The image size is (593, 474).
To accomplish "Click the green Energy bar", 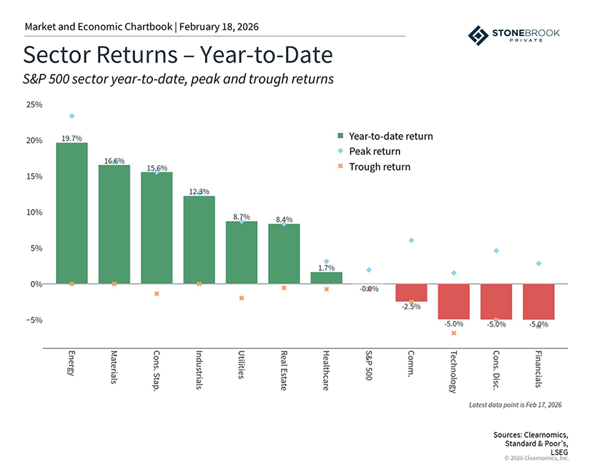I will click(72, 213).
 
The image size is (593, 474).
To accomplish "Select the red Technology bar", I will click(453, 302).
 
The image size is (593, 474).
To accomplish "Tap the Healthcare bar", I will click(326, 278).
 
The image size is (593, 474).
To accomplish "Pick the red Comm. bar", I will click(411, 292).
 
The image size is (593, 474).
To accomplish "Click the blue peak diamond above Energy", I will click(72, 117).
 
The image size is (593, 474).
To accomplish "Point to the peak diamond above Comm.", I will click(411, 240).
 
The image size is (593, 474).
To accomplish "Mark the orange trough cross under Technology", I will click(453, 333).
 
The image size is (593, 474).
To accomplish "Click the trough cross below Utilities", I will click(242, 298).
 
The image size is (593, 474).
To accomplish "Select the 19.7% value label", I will click(71, 138).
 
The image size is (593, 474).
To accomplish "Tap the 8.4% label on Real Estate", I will click(283, 219).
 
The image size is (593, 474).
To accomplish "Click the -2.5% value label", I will click(412, 307).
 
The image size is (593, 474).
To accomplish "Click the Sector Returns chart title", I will click(178, 55).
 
